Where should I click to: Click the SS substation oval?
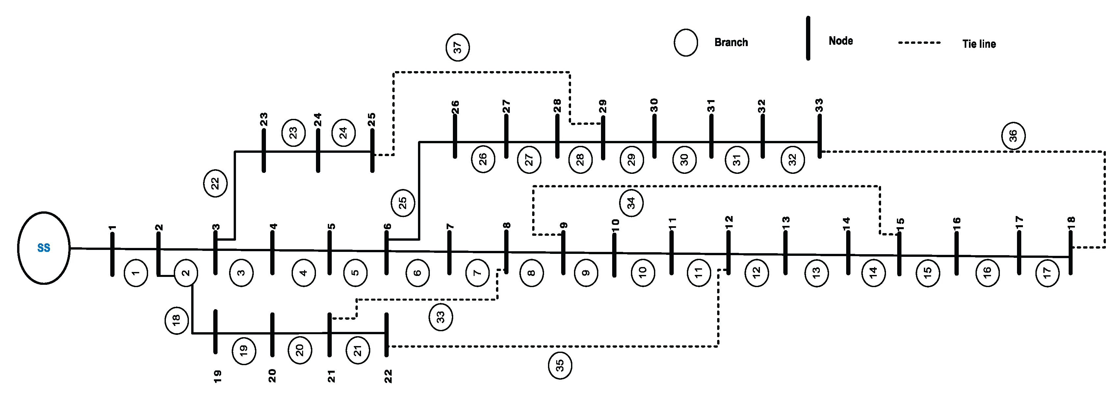(43, 248)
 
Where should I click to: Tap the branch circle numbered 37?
(457, 47)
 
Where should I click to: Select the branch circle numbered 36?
(1013, 136)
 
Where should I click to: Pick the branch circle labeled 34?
(631, 202)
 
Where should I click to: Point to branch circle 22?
(215, 183)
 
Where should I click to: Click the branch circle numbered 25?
(403, 202)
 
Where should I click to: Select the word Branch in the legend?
(731, 42)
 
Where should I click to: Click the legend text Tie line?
(979, 44)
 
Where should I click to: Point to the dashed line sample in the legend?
(919, 42)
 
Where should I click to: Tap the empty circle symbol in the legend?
(686, 42)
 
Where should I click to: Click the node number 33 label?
(819, 105)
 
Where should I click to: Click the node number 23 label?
(264, 119)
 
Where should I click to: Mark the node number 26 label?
(455, 107)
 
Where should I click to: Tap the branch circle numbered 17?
(1047, 273)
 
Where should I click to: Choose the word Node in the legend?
(841, 41)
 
